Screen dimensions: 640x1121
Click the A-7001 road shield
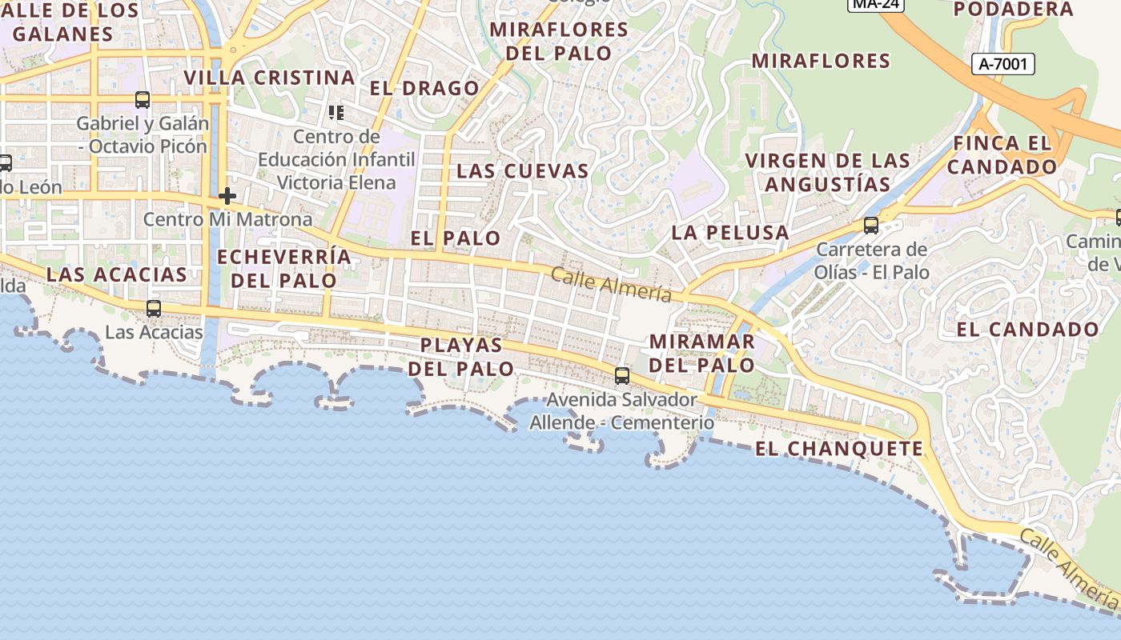point(1003,64)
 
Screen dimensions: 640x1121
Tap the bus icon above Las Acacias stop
point(153,308)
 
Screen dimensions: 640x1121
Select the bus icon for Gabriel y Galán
point(143,100)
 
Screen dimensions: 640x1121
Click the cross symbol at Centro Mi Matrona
point(227,195)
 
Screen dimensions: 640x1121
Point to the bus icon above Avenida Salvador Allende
point(622,375)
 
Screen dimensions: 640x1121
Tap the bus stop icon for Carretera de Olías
point(871,226)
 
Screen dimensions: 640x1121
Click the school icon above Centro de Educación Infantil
point(336,112)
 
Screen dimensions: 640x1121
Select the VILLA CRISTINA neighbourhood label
point(269,78)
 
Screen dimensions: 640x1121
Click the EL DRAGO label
point(424,88)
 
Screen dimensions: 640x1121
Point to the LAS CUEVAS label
point(522,171)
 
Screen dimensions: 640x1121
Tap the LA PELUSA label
point(730,233)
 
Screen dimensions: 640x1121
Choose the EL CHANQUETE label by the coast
point(839,449)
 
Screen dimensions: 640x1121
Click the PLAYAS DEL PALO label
point(462,357)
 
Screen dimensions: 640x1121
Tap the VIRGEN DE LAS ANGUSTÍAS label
point(827,172)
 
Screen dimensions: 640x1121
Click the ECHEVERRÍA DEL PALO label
point(284,269)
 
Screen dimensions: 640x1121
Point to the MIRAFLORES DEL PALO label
point(559,42)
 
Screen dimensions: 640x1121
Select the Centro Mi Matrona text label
point(227,219)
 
